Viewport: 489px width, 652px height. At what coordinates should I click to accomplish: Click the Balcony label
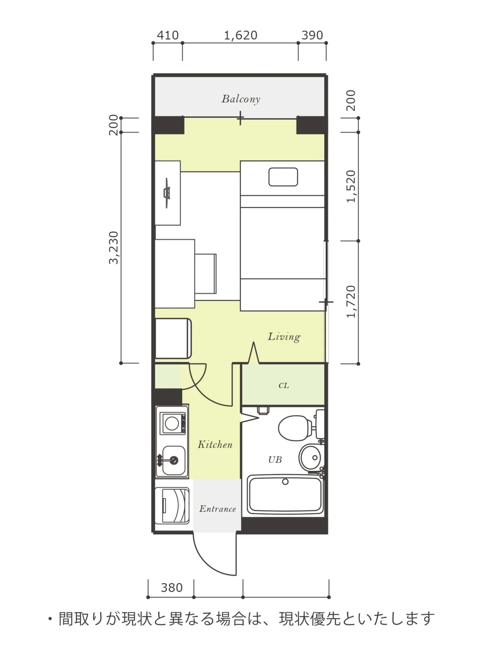241,99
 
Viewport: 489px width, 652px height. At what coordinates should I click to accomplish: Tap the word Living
284,337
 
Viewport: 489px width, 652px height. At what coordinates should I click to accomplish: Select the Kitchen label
215,445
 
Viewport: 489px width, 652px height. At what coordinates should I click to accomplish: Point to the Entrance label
218,509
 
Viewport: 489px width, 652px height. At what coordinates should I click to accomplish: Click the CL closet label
284,385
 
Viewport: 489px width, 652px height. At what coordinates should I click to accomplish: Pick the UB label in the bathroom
275,460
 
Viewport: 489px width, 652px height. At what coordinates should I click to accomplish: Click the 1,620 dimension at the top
240,35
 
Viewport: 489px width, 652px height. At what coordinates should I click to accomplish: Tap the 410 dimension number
168,35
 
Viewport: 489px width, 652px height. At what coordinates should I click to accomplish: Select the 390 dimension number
312,35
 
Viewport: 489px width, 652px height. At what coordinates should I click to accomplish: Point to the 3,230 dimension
114,248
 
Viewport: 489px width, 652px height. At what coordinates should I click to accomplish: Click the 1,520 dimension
351,187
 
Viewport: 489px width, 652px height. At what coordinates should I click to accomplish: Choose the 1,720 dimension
351,302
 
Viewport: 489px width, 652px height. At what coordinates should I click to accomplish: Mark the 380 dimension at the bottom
172,588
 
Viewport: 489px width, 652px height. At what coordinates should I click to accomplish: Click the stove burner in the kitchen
172,423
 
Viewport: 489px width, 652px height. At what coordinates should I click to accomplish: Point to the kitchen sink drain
174,461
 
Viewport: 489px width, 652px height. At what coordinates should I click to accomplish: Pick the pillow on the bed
283,177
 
